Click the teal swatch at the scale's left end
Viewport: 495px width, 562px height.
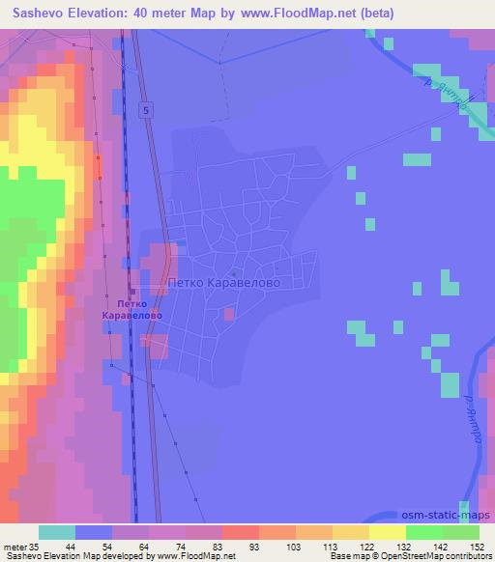57,532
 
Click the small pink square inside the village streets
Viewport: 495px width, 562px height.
228,313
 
